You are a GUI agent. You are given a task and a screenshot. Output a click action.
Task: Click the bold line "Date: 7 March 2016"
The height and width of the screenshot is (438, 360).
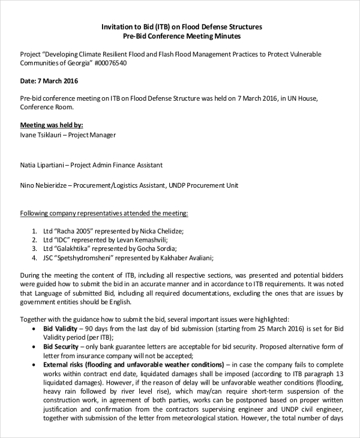[49, 81]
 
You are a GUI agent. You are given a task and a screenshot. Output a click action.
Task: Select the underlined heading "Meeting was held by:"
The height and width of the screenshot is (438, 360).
[52, 125]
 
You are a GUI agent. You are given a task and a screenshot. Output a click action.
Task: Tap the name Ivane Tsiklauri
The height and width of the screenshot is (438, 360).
[41, 135]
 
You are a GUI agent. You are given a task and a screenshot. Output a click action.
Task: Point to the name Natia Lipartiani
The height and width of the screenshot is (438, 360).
[41, 165]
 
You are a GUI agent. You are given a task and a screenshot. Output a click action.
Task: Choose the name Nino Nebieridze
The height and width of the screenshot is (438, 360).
[44, 186]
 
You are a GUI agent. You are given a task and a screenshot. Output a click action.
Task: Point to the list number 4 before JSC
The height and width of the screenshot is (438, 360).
[34, 258]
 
